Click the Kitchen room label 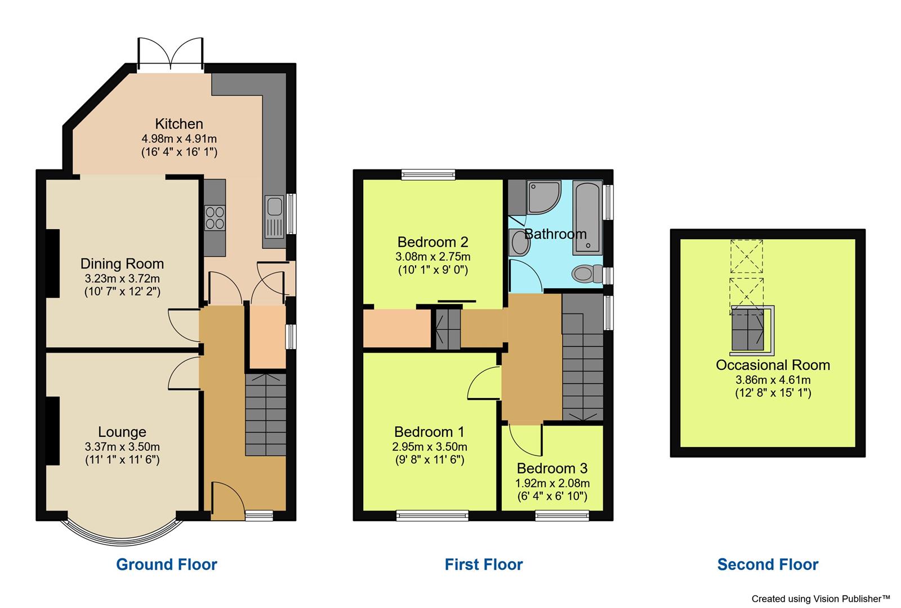pos(179,124)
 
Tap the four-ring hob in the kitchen pos(215,217)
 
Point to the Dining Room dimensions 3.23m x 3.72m pos(122,279)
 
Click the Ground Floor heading pos(167,564)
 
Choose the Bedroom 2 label pos(432,243)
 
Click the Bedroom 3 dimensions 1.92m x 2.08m pos(552,483)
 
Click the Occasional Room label pos(773,365)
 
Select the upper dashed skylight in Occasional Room pos(746,256)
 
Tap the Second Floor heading pos(768,564)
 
